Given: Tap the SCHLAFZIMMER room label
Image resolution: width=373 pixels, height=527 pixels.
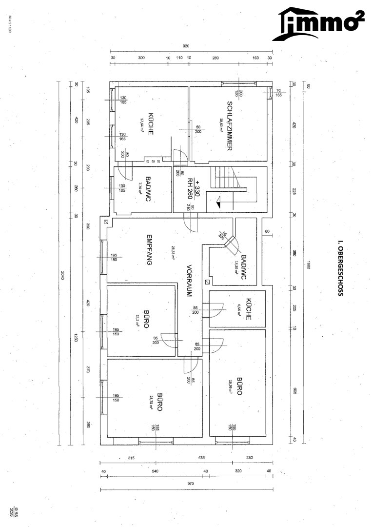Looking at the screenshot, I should point(229,126).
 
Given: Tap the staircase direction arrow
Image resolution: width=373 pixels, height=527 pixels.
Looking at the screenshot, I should point(218,200).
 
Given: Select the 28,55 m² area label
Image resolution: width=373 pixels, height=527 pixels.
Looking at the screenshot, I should point(172,250).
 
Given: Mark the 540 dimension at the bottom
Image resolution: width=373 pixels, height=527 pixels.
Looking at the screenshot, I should point(155,471).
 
